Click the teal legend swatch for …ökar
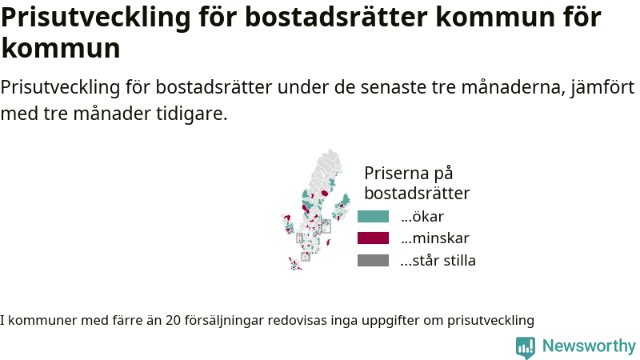point(373,216)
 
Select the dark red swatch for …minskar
point(373,238)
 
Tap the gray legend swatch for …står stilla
point(373,261)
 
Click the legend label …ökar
point(422,216)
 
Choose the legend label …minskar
point(435,238)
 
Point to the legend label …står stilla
point(438,261)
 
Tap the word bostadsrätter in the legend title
point(417,193)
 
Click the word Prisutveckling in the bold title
point(96,18)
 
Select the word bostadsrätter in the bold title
point(336,17)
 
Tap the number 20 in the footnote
point(173,321)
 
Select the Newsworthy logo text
point(589,346)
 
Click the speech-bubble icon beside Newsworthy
point(526,347)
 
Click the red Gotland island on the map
point(328,243)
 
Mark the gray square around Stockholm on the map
point(326,226)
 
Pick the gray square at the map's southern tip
point(306,256)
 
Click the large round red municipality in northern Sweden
point(325,193)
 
